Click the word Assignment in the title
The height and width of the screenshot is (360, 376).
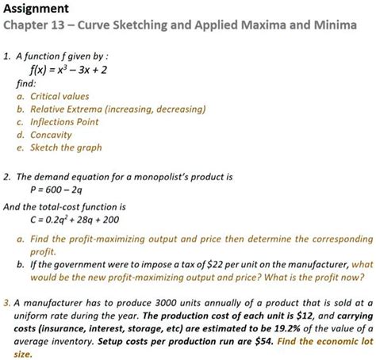pyautogui.click(x=36, y=9)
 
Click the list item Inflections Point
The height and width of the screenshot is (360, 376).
pyautogui.click(x=63, y=121)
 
